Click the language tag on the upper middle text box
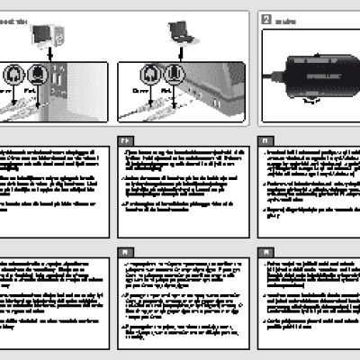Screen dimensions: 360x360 (124, 141)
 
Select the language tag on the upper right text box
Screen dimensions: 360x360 (265, 141)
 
